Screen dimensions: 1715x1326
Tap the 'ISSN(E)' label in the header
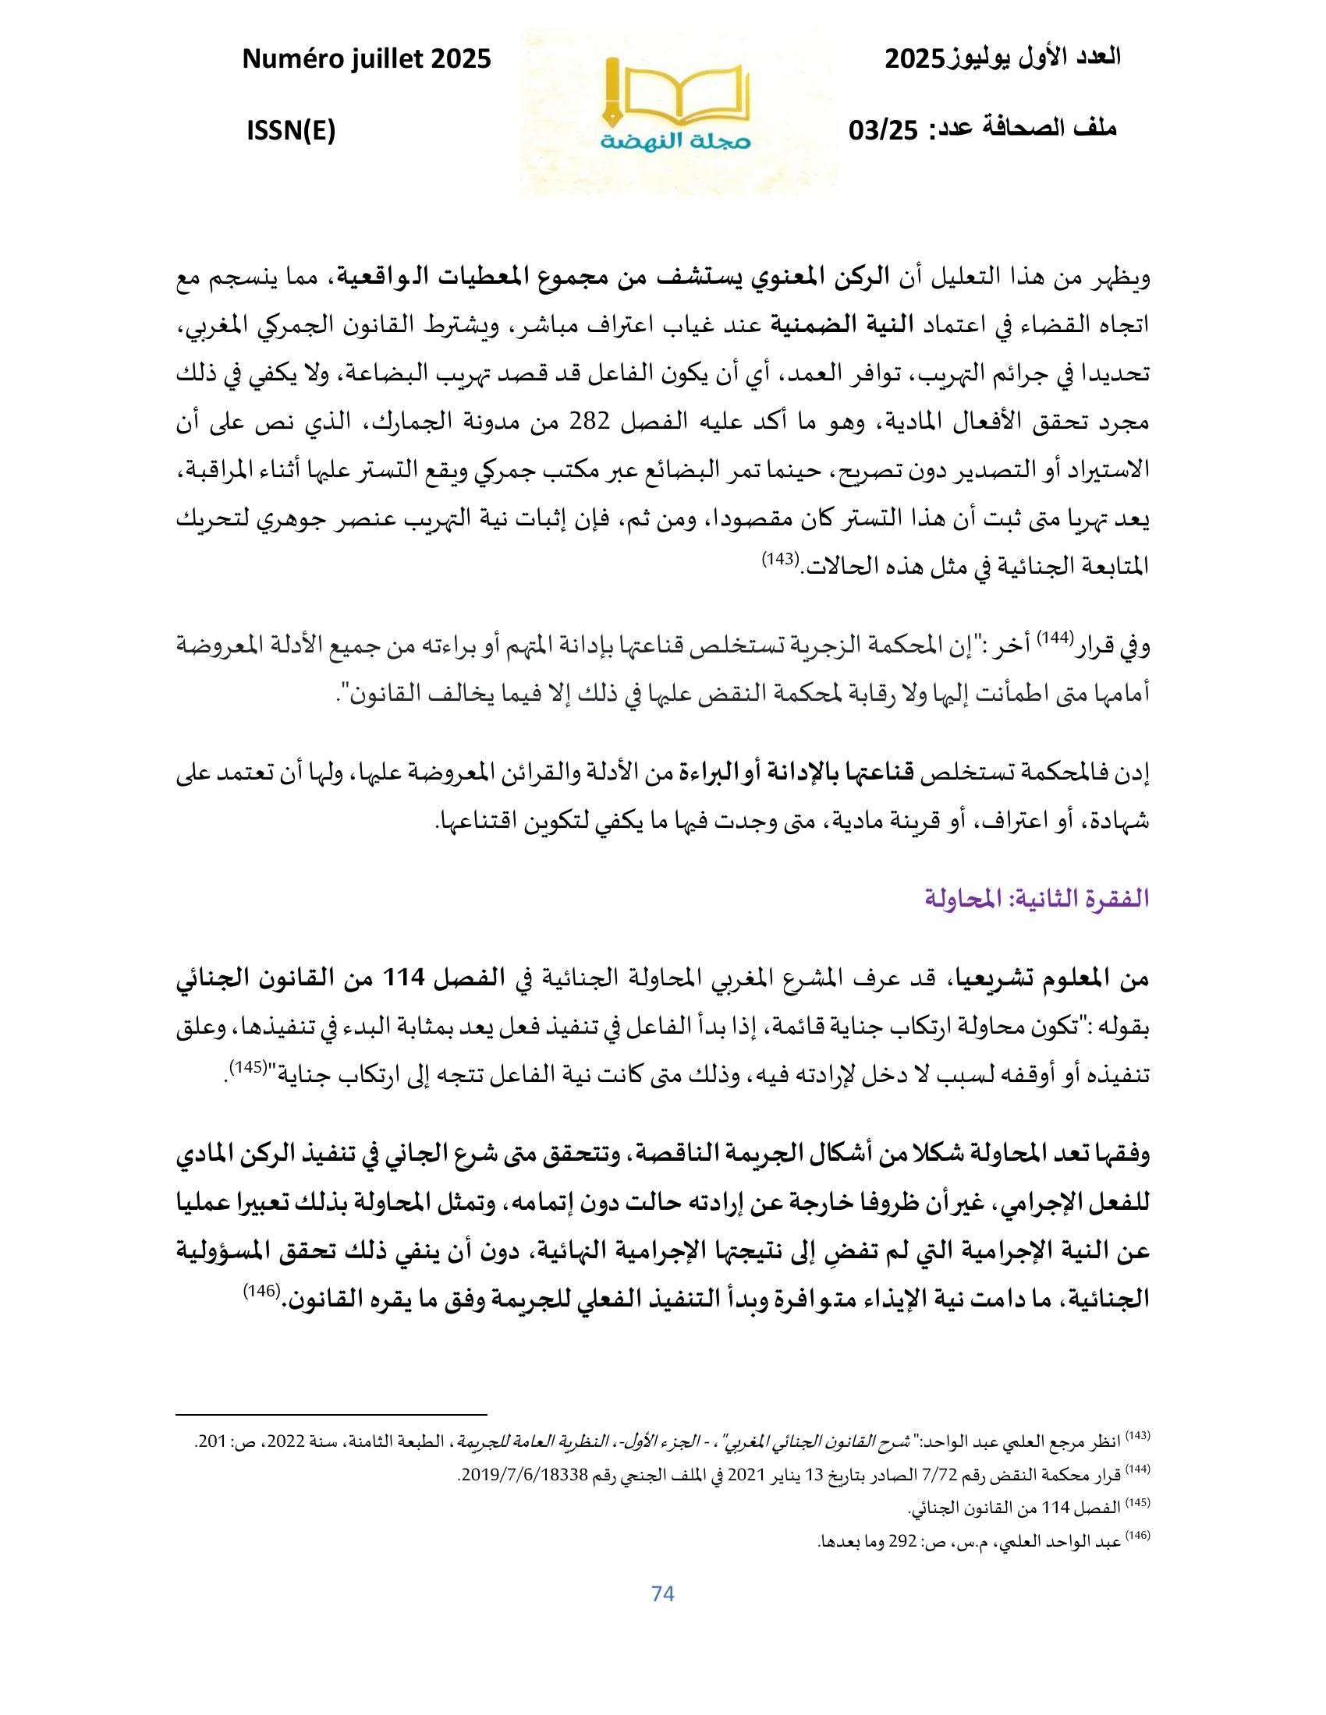tap(292, 130)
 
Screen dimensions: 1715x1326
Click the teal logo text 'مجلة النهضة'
tap(679, 141)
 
